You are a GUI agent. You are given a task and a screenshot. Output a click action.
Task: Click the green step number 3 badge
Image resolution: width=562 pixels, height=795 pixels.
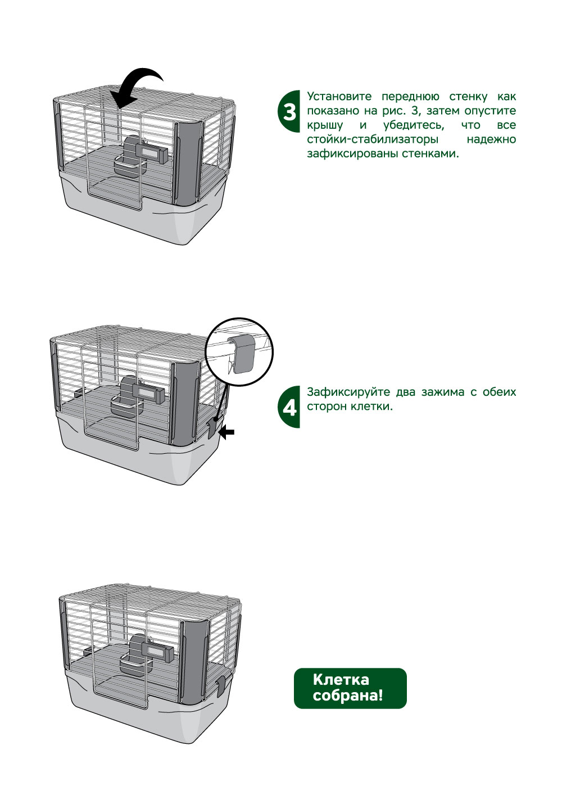289,111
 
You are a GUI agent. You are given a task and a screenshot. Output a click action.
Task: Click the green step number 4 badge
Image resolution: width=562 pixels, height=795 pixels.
289,406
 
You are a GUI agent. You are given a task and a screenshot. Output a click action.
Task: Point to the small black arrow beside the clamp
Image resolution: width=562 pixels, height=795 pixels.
227,432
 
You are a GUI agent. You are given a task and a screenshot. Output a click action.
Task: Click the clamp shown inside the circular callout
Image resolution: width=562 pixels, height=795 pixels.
242,353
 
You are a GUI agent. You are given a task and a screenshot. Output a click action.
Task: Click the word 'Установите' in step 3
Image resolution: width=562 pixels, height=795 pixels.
339,97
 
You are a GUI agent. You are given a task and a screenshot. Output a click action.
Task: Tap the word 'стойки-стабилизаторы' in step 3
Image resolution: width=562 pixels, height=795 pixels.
373,139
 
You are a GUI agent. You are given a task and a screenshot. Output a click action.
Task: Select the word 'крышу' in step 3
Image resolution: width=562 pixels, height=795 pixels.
325,125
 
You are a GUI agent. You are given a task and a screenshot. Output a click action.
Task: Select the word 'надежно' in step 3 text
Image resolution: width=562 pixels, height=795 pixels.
491,139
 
